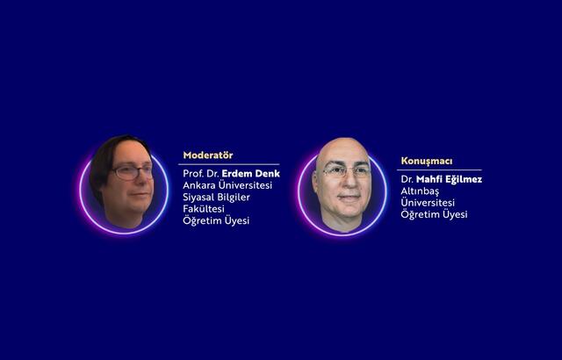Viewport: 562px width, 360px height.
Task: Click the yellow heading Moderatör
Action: click(x=208, y=155)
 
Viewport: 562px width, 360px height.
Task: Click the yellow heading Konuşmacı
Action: click(x=427, y=162)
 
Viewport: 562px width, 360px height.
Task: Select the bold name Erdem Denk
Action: click(x=251, y=173)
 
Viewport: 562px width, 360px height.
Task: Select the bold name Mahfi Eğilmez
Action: click(x=449, y=179)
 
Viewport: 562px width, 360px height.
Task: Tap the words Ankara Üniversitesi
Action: click(x=227, y=185)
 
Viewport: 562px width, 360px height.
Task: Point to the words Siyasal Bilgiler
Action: click(x=217, y=197)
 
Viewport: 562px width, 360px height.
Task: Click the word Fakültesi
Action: click(x=204, y=209)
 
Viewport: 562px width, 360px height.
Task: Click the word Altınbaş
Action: click(x=420, y=191)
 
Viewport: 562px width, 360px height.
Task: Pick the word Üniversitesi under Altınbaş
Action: click(x=428, y=202)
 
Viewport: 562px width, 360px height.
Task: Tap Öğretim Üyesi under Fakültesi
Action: click(x=216, y=220)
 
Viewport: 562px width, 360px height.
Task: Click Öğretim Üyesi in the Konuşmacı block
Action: click(x=434, y=214)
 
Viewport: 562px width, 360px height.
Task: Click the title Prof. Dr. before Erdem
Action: click(x=201, y=173)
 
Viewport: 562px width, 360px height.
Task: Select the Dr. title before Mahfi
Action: click(x=407, y=179)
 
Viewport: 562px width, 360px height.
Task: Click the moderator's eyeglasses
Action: click(x=133, y=172)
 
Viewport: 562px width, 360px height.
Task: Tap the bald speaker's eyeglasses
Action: click(x=346, y=171)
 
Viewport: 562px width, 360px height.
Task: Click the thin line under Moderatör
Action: click(x=228, y=164)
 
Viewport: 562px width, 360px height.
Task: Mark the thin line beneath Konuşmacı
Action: click(x=439, y=170)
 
